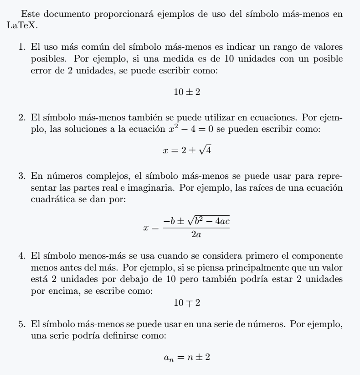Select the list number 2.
[x=21, y=118]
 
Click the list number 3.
[x=21, y=176]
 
